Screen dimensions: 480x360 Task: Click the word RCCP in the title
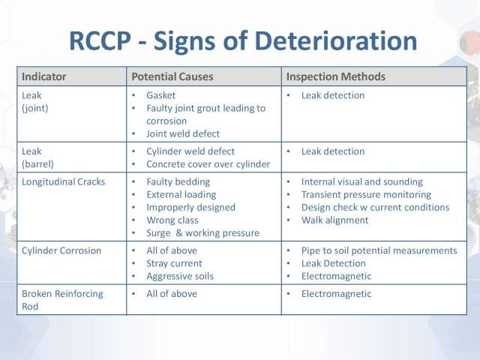100,41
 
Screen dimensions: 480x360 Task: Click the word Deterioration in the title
336,41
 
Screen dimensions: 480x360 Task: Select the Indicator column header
43,76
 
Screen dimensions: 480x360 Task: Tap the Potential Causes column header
172,76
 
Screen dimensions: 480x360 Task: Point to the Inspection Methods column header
336,76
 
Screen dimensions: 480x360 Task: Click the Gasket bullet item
160,95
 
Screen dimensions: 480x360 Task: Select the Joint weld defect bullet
183,133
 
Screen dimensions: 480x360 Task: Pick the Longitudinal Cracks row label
63,181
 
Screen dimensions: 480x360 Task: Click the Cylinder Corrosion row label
61,250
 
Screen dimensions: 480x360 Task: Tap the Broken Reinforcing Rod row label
62,300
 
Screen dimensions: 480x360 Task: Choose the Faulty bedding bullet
178,181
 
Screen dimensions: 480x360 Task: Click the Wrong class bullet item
172,220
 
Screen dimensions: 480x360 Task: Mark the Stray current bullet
174,263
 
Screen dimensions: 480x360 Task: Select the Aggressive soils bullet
180,277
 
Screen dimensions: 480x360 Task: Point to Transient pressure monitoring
366,195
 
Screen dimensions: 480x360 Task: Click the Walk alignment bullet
335,220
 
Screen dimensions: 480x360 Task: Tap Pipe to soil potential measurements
379,250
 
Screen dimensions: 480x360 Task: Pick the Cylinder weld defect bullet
190,151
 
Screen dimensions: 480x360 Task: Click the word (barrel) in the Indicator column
37,164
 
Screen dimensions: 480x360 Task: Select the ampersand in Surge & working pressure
179,233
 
